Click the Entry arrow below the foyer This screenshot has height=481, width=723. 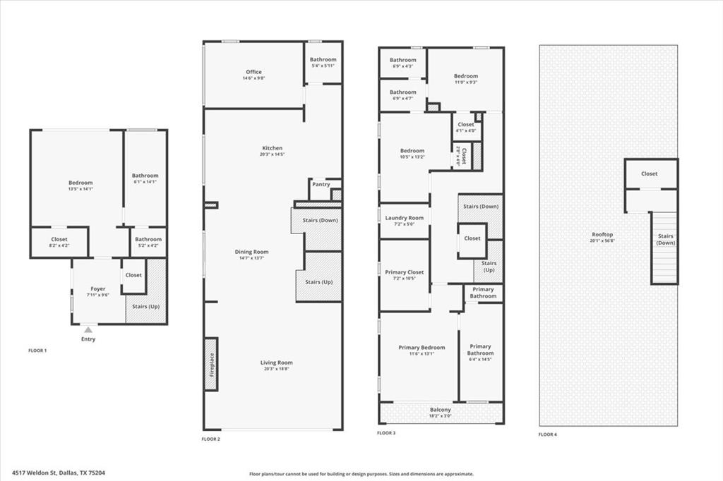click(x=88, y=329)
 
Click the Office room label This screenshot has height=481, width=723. click(x=253, y=72)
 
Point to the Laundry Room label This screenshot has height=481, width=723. click(x=405, y=218)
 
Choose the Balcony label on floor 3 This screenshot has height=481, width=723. click(x=441, y=410)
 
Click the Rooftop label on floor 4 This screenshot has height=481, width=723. click(x=602, y=234)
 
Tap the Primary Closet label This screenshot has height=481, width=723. click(x=405, y=272)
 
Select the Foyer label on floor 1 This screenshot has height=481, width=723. click(x=98, y=288)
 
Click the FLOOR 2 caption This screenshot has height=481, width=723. click(x=211, y=439)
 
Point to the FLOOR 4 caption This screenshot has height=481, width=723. click(x=547, y=434)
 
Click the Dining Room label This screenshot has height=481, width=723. click(x=251, y=252)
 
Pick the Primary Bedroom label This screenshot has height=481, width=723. click(x=422, y=347)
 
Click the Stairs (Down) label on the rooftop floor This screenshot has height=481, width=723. click(x=665, y=239)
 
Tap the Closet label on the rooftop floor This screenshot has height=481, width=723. click(x=649, y=173)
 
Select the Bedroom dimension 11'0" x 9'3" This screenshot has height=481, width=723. click(x=465, y=83)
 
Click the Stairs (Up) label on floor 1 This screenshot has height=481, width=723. click(x=145, y=308)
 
